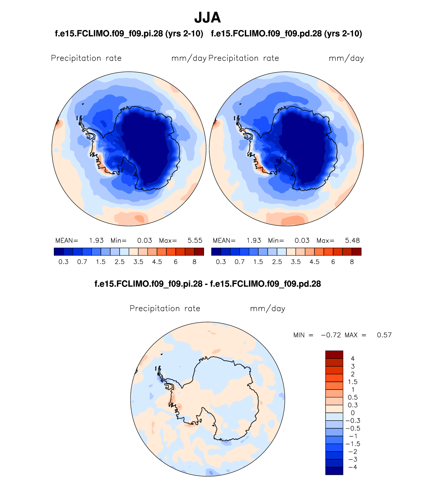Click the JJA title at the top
pos(207,18)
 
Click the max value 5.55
pos(195,241)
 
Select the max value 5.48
pos(352,241)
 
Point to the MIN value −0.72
pos(331,335)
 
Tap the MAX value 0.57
pos(384,335)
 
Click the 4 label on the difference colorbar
pos(353,359)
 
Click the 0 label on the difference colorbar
pos(353,413)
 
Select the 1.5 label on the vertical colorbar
pos(353,382)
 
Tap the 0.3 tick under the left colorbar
pos(63,262)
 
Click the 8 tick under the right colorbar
pos(352,262)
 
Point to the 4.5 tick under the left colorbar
pos(157,262)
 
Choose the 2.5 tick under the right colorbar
pos(277,262)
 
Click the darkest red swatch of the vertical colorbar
pos(334,355)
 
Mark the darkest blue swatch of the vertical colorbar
pos(334,471)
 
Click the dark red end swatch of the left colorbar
pos(199,252)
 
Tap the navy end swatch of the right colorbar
pos(216,252)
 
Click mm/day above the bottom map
pos(268,309)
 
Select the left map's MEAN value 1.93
pos(96,241)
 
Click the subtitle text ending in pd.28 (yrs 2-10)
pos(286,34)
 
